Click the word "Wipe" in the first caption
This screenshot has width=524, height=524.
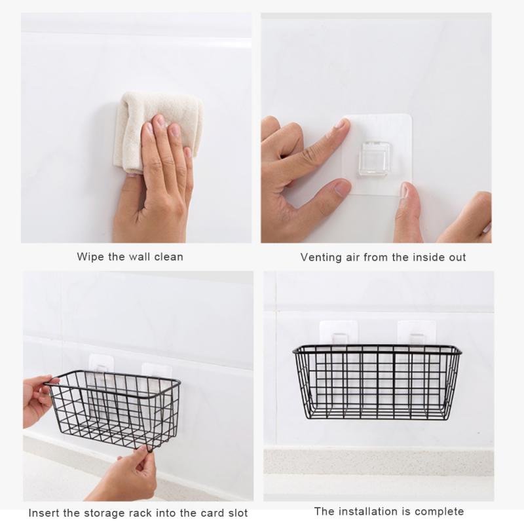pyautogui.click(x=90, y=257)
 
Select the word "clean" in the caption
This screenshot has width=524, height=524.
pyautogui.click(x=168, y=257)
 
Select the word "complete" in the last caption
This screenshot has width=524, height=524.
pyautogui.click(x=441, y=512)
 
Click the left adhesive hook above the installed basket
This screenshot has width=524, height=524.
pyautogui.click(x=338, y=334)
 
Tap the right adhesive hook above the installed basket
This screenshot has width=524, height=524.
pyautogui.click(x=417, y=334)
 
